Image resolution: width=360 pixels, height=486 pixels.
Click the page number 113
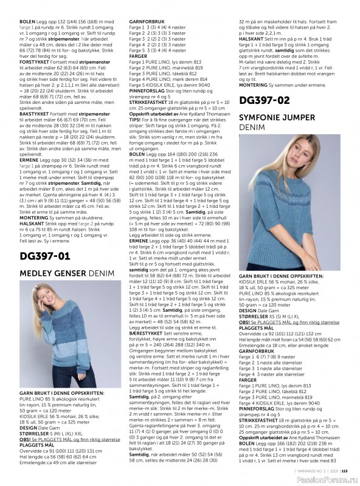tap(344, 469)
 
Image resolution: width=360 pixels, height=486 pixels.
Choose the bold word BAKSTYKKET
tap(26, 114)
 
